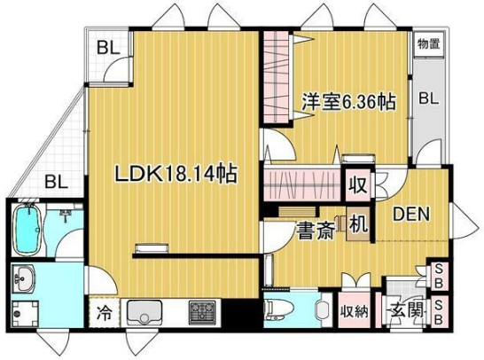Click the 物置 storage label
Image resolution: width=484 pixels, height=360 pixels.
[430, 43]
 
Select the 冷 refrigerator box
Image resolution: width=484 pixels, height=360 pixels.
[104, 313]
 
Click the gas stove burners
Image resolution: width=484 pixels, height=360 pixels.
[202, 312]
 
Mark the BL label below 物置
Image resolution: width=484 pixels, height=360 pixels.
[429, 99]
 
